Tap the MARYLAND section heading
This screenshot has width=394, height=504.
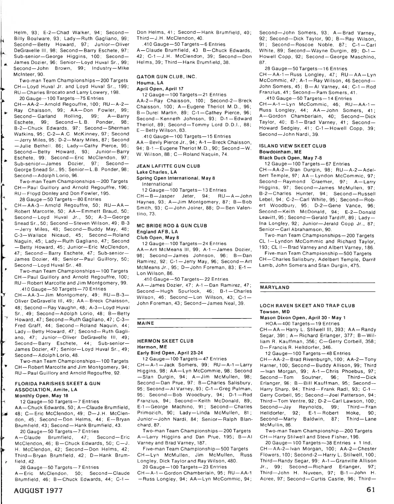pyautogui.click(x=274, y=288)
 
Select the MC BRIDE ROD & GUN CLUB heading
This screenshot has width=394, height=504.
pyautogui.click(x=172, y=226)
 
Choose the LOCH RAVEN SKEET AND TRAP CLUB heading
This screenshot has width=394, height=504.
pyautogui.click(x=307, y=306)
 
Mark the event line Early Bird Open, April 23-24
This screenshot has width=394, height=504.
pyautogui.click(x=170, y=353)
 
